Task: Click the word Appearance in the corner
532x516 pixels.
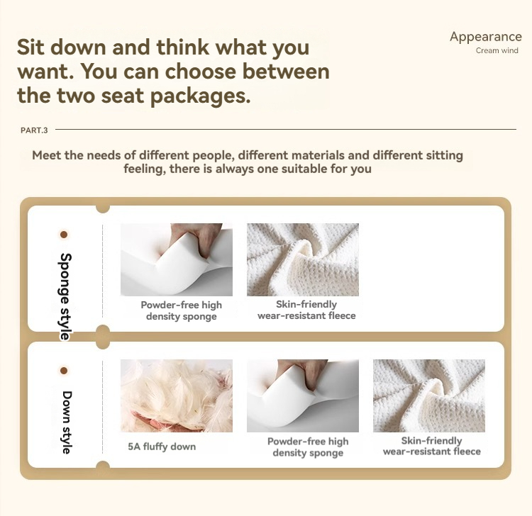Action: [485, 37]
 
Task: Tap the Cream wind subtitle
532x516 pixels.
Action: [497, 50]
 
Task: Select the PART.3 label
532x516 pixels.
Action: [34, 130]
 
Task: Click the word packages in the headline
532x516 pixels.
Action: [200, 95]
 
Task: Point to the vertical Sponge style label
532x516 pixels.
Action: [66, 296]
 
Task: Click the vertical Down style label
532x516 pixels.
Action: [67, 422]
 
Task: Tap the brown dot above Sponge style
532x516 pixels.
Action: [63, 235]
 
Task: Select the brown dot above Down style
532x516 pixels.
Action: [63, 371]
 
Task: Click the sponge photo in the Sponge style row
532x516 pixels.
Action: [177, 259]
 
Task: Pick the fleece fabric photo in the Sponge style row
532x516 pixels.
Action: [303, 259]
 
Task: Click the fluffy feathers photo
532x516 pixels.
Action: [177, 396]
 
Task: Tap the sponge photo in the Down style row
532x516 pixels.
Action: [303, 396]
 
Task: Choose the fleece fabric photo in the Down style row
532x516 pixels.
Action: [429, 396]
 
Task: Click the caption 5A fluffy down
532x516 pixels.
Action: [162, 447]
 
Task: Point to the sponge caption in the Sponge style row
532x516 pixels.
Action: [182, 310]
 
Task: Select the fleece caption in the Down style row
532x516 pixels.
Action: [431, 446]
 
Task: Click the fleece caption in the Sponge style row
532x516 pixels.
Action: [306, 310]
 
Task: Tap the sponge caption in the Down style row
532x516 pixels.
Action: [308, 447]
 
